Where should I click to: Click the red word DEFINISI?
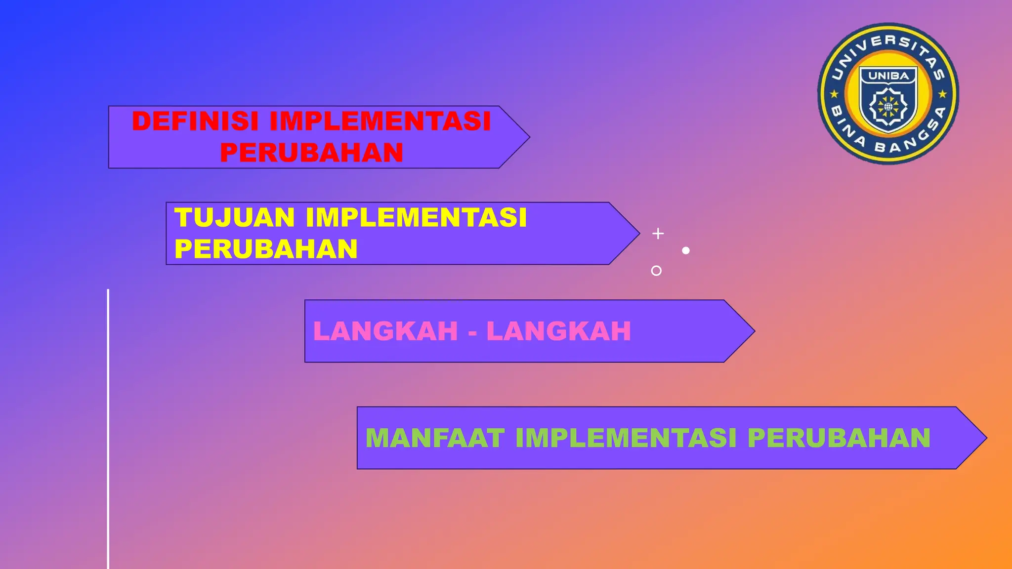coord(195,121)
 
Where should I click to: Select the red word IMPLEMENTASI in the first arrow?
coord(380,121)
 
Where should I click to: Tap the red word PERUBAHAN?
coord(311,152)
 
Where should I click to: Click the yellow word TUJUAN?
coord(235,217)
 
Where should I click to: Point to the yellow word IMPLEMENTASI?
coord(416,217)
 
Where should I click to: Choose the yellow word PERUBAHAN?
coord(266,249)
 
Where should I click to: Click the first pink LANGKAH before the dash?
coord(385,331)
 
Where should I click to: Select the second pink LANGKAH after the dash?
coord(559,331)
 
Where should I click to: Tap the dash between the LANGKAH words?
coord(472,332)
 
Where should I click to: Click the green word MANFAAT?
coord(435,438)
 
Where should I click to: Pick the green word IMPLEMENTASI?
coord(626,438)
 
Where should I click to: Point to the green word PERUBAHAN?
coord(839,438)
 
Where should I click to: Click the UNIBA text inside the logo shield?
coord(888,76)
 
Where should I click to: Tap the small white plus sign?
coord(658,234)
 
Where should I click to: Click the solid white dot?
coord(686,250)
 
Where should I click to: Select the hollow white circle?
coord(656,271)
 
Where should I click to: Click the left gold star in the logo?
coord(834,93)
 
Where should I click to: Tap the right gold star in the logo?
coord(942,93)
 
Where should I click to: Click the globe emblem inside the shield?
coord(888,106)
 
